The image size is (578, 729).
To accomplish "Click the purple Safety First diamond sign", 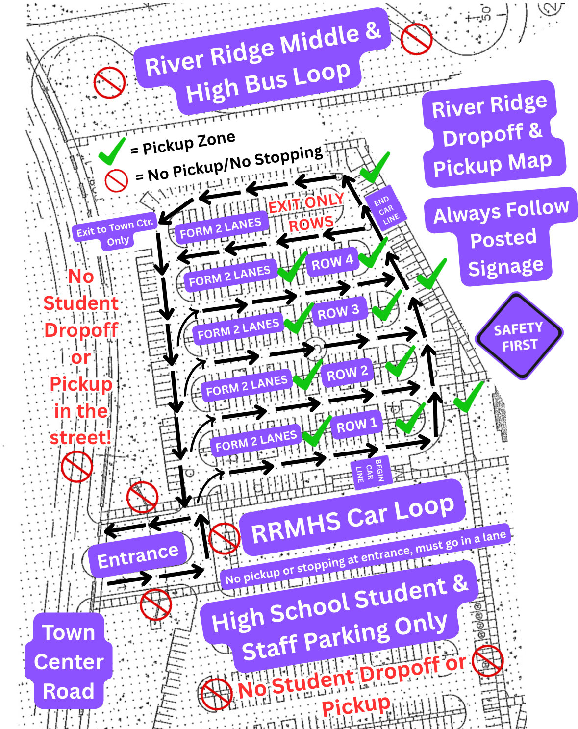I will (519, 336).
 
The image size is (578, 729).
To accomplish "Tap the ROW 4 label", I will (332, 262).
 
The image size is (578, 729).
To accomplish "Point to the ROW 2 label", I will (347, 374).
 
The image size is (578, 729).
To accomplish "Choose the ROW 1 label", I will (356, 425).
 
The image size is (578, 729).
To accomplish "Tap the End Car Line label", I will (386, 210).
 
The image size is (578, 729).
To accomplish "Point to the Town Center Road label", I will (69, 661).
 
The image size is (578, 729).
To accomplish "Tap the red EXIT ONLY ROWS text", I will (308, 212).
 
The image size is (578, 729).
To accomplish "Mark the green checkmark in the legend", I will (112, 151).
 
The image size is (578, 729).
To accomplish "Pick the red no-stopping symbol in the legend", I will (116, 180).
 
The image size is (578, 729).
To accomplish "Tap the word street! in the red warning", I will (80, 437).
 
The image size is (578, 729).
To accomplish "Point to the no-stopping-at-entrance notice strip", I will (365, 557).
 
